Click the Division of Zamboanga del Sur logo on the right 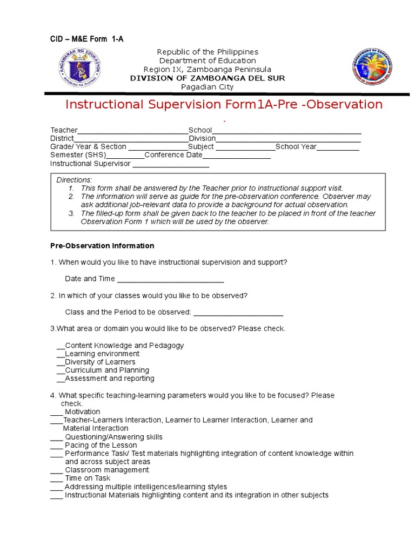click(375, 69)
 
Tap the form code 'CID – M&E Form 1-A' click(87, 38)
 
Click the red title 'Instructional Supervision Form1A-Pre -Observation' click(224, 104)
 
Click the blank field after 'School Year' click(338, 147)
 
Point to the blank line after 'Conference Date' click(236, 156)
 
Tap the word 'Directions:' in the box click(75, 179)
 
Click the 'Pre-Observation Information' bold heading click(102, 246)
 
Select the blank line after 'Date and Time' click(170, 279)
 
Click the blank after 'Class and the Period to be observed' click(238, 313)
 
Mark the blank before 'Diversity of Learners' click(61, 362)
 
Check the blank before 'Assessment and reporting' click(61, 379)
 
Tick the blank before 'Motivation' click(57, 412)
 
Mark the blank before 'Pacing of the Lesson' click(57, 446)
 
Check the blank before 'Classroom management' click(57, 470)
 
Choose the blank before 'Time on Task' click(57, 478)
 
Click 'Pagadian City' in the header click(207, 86)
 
